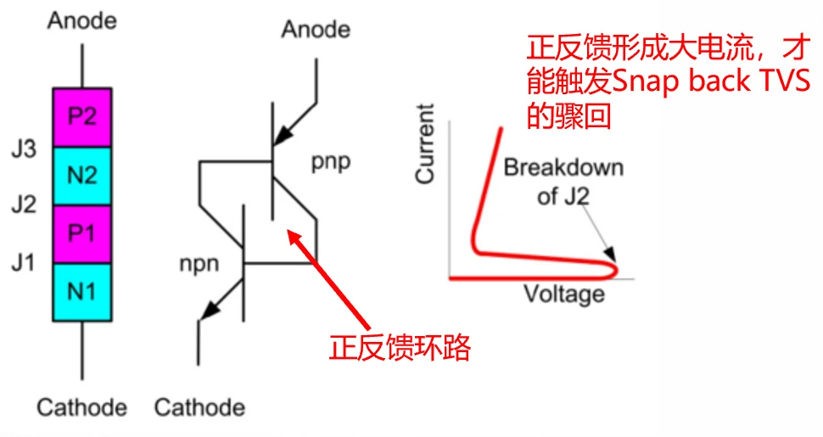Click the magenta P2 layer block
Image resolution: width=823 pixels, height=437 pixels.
pos(81,116)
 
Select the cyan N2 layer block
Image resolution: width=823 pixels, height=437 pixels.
pos(81,176)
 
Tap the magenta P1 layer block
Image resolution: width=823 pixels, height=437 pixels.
pos(81,233)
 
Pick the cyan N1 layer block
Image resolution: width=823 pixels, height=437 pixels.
pos(81,292)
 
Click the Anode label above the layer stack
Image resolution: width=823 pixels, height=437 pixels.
pos(81,20)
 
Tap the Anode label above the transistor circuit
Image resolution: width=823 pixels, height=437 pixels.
pos(316,30)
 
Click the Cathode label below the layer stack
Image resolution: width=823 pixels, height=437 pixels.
pos(81,407)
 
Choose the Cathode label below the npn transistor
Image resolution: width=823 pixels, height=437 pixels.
pos(199,407)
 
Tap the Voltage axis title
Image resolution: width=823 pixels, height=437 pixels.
pos(563,294)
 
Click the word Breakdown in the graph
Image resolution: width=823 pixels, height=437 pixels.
pos(563,167)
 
